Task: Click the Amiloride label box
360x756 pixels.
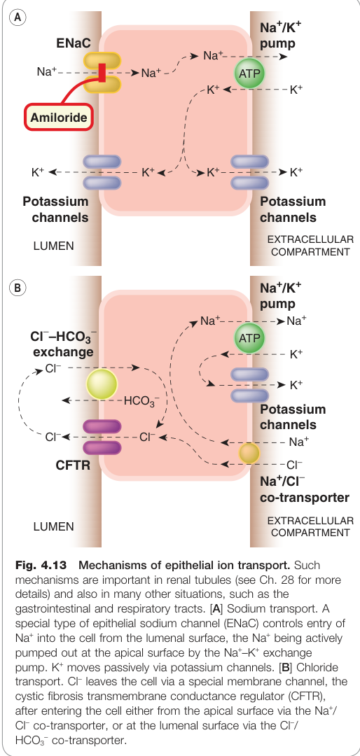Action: (58, 117)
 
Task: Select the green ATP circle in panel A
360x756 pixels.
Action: (249, 73)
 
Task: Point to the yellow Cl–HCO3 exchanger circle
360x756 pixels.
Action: (102, 385)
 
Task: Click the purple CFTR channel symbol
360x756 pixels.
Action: (102, 437)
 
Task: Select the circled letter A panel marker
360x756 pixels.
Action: (18, 17)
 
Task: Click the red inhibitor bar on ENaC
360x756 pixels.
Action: (102, 73)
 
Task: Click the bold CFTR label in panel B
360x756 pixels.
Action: (73, 466)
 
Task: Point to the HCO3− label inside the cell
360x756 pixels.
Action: (142, 401)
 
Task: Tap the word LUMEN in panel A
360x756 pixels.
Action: (53, 246)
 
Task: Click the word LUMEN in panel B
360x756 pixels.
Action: (53, 526)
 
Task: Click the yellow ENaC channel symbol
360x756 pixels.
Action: (102, 73)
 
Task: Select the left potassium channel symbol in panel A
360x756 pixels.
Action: (102, 171)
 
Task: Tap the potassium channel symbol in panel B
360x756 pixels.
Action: (249, 385)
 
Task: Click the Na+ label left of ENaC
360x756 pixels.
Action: (47, 72)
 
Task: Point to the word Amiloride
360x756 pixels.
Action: (58, 117)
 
